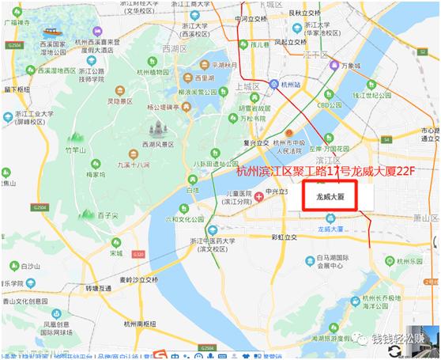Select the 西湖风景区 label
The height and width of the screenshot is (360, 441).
click(x=156, y=144)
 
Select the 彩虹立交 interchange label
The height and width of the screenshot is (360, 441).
click(x=283, y=237)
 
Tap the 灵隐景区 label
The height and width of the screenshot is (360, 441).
click(x=119, y=101)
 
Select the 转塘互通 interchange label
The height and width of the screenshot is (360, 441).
click(x=98, y=288)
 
